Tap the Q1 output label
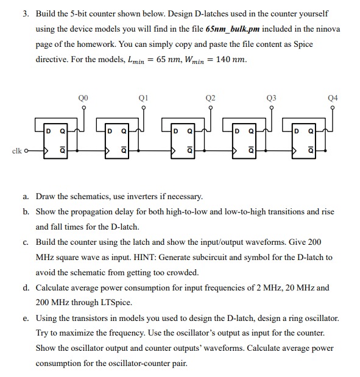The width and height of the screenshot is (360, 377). point(144,96)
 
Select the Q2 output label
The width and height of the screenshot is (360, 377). point(210,96)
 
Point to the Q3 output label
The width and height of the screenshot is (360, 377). point(271,96)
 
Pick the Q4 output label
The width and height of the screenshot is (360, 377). point(332,96)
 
